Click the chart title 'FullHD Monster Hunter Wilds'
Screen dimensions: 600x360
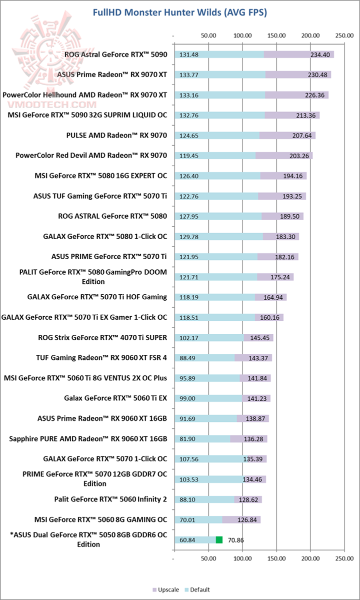click(x=180, y=13)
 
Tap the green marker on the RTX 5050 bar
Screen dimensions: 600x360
click(x=219, y=539)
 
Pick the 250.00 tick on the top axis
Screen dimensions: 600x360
click(x=344, y=36)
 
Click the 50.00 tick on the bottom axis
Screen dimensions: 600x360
click(x=208, y=558)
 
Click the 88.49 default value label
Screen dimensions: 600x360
click(x=188, y=358)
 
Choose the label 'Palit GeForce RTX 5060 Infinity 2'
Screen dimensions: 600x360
click(x=110, y=499)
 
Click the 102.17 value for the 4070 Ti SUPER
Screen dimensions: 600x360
click(x=189, y=338)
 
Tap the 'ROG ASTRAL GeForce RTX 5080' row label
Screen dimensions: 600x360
click(x=112, y=216)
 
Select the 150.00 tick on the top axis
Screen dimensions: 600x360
click(x=276, y=36)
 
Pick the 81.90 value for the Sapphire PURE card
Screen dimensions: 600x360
click(x=188, y=439)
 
